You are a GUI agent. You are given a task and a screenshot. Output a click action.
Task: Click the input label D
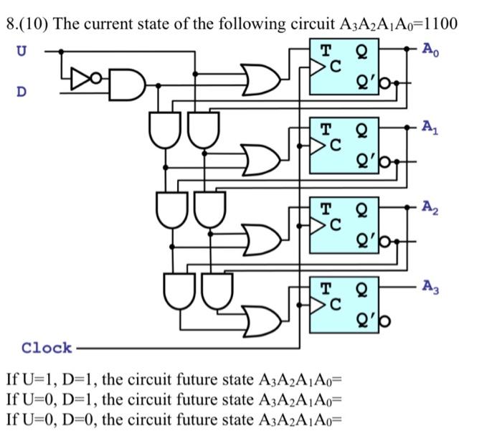click(22, 92)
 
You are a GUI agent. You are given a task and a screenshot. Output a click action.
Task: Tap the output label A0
click(428, 49)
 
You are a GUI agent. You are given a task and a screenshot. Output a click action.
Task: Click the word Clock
click(47, 348)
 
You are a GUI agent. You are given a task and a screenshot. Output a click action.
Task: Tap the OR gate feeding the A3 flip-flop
click(261, 316)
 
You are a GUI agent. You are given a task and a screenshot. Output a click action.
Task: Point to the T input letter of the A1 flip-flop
click(325, 130)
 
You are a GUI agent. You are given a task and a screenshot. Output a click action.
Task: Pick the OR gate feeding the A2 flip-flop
click(261, 237)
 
